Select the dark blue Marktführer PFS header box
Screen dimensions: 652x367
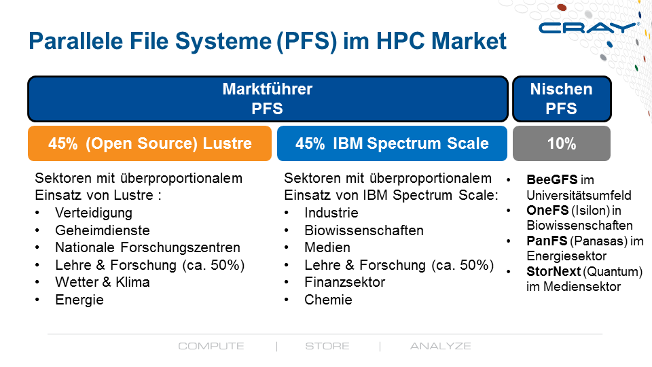point(268,99)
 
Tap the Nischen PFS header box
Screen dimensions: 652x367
point(562,99)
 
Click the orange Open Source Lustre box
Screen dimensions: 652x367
point(149,143)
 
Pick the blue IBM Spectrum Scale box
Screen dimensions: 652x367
point(392,143)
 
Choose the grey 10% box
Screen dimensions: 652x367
point(562,143)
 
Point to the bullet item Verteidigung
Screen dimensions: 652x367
point(94,213)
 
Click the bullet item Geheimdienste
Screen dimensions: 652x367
point(103,230)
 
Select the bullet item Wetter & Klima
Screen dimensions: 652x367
point(103,282)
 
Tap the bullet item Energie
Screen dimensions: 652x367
point(79,300)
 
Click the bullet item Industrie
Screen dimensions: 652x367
point(331,213)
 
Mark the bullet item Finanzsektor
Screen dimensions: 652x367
point(345,282)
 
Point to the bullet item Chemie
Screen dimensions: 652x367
point(328,300)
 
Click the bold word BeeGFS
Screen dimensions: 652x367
point(551,179)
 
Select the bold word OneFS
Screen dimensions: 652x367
point(547,211)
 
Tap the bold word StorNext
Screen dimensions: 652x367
point(554,271)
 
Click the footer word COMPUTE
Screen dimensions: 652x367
point(211,346)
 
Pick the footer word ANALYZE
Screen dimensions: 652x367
point(440,346)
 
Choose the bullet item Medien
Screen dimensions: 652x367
point(327,247)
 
